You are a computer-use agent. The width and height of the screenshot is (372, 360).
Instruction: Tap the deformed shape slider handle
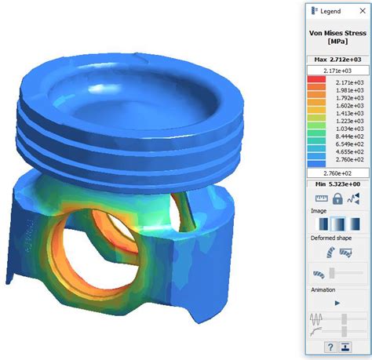[332, 274]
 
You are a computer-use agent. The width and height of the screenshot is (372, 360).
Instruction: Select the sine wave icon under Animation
[317, 318]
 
